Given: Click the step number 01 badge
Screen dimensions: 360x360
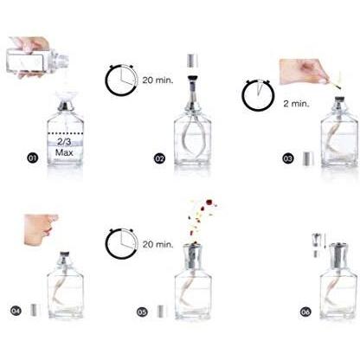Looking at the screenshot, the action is tap(33, 158).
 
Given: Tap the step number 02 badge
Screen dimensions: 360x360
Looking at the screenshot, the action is tap(159, 158).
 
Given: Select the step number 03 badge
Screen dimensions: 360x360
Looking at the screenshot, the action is tap(287, 158).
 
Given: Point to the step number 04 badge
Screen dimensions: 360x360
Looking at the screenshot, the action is tap(16, 311).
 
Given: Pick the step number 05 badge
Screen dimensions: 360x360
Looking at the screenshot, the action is tap(142, 312).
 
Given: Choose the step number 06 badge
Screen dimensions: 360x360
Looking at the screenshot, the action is tap(305, 312).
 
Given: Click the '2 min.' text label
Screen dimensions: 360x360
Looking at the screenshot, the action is tap(296, 104).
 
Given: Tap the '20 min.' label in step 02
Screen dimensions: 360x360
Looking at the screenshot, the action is tap(157, 80).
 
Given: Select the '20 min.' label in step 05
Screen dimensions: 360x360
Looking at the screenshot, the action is tap(157, 244).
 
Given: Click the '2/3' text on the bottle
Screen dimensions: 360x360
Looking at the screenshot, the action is tap(64, 142).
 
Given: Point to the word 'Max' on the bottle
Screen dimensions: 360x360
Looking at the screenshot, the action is tap(64, 152).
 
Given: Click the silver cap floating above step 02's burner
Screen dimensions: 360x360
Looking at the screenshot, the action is tap(193, 61).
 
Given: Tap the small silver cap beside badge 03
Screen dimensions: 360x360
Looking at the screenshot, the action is tap(308, 158).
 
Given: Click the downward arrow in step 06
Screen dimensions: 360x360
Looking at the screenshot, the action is tap(325, 241).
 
